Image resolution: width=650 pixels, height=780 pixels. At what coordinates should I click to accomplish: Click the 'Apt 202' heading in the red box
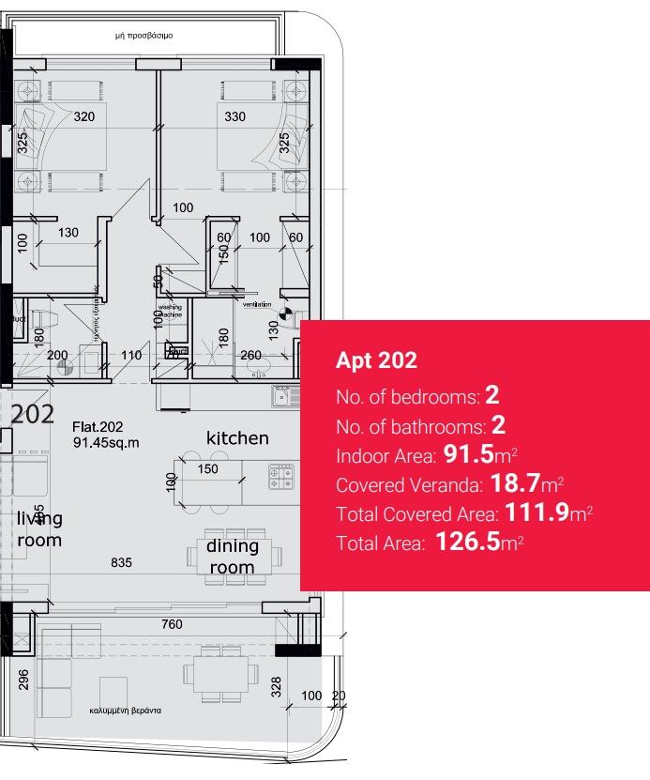pos(376,360)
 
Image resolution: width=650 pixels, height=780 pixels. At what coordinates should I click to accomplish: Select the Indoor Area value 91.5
pos(475,456)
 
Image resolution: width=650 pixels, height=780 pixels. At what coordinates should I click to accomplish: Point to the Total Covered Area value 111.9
pos(537,513)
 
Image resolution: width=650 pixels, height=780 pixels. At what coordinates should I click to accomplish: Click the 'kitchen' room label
pos(237,438)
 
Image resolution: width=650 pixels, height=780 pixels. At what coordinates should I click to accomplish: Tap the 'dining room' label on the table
pos(231,558)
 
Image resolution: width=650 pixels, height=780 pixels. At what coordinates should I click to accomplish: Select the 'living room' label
pos(39,529)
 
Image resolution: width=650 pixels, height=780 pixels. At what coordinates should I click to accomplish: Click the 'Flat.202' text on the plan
pos(98,427)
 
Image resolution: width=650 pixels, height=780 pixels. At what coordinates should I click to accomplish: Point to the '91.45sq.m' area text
pos(106,442)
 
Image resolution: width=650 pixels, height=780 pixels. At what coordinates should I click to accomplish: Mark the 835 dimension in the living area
pos(121,563)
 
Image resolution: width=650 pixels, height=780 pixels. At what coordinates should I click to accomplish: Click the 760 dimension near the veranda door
pos(172,624)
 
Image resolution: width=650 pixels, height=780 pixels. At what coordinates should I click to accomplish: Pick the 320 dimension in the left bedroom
pos(84,117)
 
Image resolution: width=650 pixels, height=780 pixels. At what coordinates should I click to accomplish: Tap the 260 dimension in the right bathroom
pos(250,355)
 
